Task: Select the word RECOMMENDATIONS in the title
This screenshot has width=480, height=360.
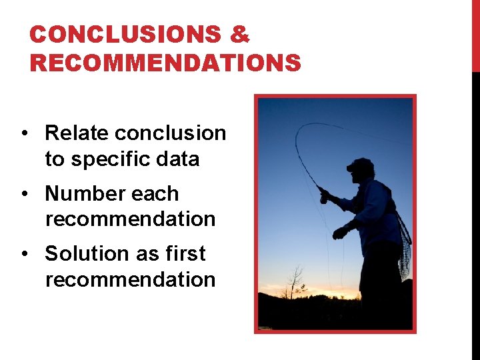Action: tap(165, 63)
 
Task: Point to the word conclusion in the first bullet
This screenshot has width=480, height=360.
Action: tap(171, 133)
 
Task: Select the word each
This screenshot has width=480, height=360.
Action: tap(155, 194)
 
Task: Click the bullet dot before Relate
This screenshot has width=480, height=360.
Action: tap(24, 134)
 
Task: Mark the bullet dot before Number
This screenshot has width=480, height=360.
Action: tap(24, 195)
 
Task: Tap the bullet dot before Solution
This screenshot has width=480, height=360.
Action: tap(24, 255)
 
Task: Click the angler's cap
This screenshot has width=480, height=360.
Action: tap(361, 165)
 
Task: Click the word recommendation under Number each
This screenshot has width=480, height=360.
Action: tap(131, 219)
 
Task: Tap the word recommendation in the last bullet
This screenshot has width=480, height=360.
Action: tap(131, 280)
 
